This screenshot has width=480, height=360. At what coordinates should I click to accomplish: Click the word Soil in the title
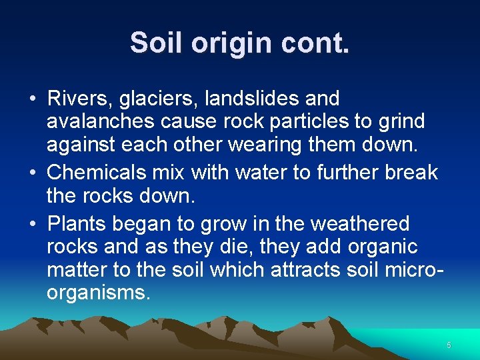pyautogui.click(x=157, y=43)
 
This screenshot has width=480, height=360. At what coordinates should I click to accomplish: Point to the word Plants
pyautogui.click(x=74, y=223)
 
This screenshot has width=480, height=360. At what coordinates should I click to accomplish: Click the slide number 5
pyautogui.click(x=449, y=345)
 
